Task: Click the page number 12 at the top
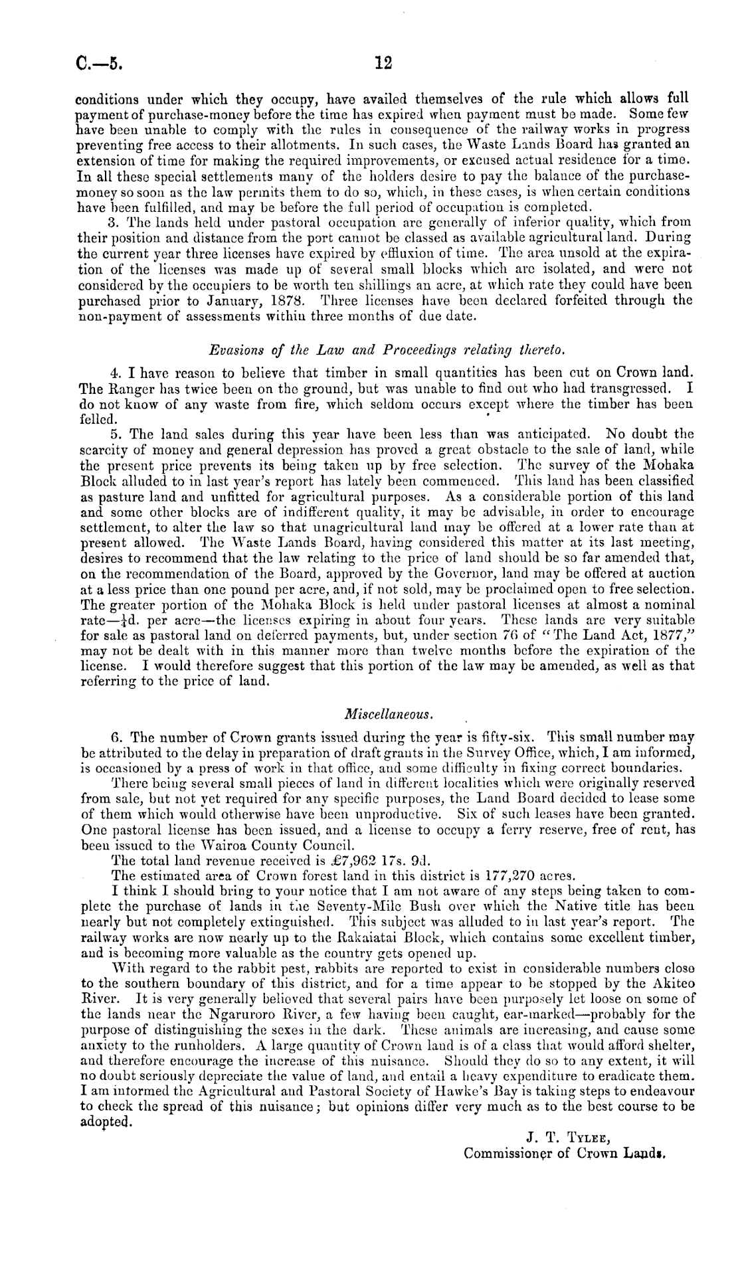383,63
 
